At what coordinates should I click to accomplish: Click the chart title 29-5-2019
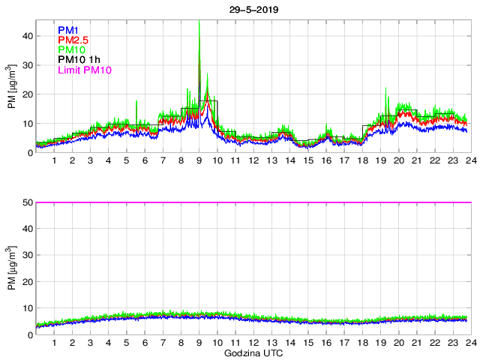coord(251,9)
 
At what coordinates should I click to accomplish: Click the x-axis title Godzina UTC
coord(252,352)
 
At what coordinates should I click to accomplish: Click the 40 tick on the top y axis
coord(27,35)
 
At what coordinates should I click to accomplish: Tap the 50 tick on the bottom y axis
coord(27,202)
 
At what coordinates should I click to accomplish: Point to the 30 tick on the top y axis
coord(27,64)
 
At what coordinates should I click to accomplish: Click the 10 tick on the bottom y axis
coord(27,307)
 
